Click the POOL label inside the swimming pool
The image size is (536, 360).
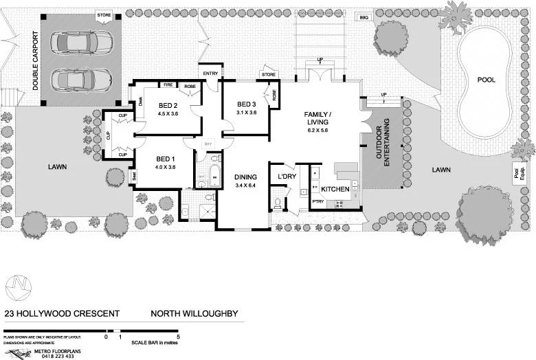487,80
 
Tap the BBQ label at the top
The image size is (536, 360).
364,17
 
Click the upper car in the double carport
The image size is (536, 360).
82,43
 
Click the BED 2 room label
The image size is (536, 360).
168,105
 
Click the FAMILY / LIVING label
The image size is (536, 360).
318,117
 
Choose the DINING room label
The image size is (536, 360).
245,177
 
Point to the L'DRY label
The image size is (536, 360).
286,177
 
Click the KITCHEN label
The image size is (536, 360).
335,189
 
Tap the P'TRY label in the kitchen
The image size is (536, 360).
318,201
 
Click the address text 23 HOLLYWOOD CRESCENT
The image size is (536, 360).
62,314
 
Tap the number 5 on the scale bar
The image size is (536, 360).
179,337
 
